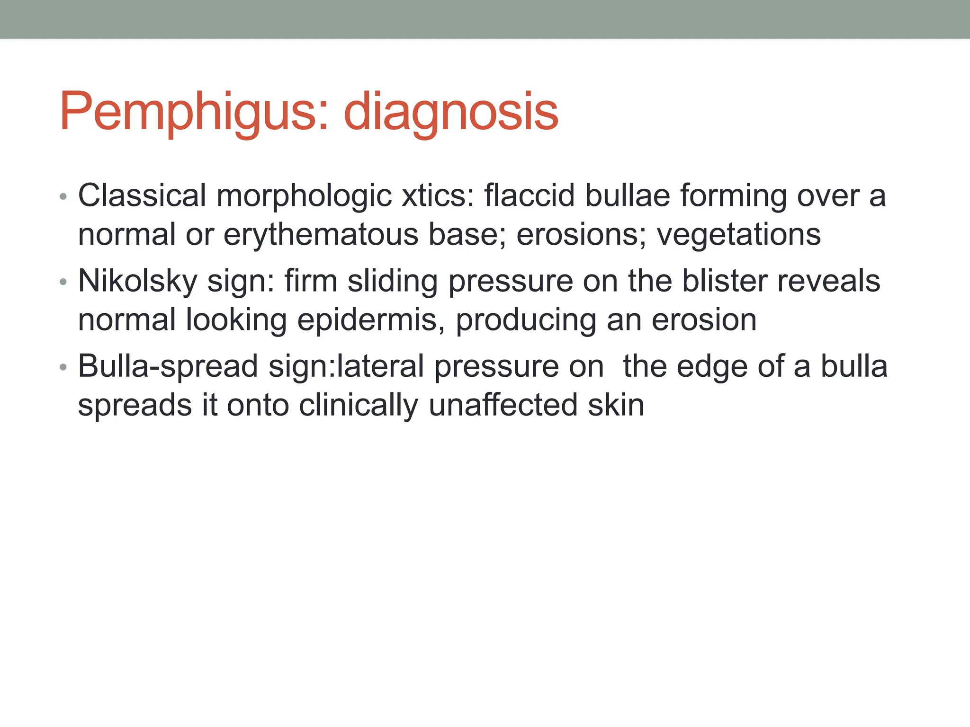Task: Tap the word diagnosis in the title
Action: click(x=451, y=113)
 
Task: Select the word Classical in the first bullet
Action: click(x=142, y=195)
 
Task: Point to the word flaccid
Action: click(x=530, y=195)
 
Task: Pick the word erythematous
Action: click(x=321, y=235)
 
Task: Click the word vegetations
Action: click(x=738, y=235)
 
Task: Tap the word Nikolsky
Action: click(x=137, y=281)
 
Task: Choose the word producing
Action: click(x=526, y=320)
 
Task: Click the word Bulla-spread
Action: click(x=168, y=366)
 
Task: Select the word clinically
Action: click(x=359, y=406)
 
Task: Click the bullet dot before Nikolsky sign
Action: click(x=63, y=283)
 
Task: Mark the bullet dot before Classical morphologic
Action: click(x=63, y=197)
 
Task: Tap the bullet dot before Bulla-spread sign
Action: click(x=63, y=368)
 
